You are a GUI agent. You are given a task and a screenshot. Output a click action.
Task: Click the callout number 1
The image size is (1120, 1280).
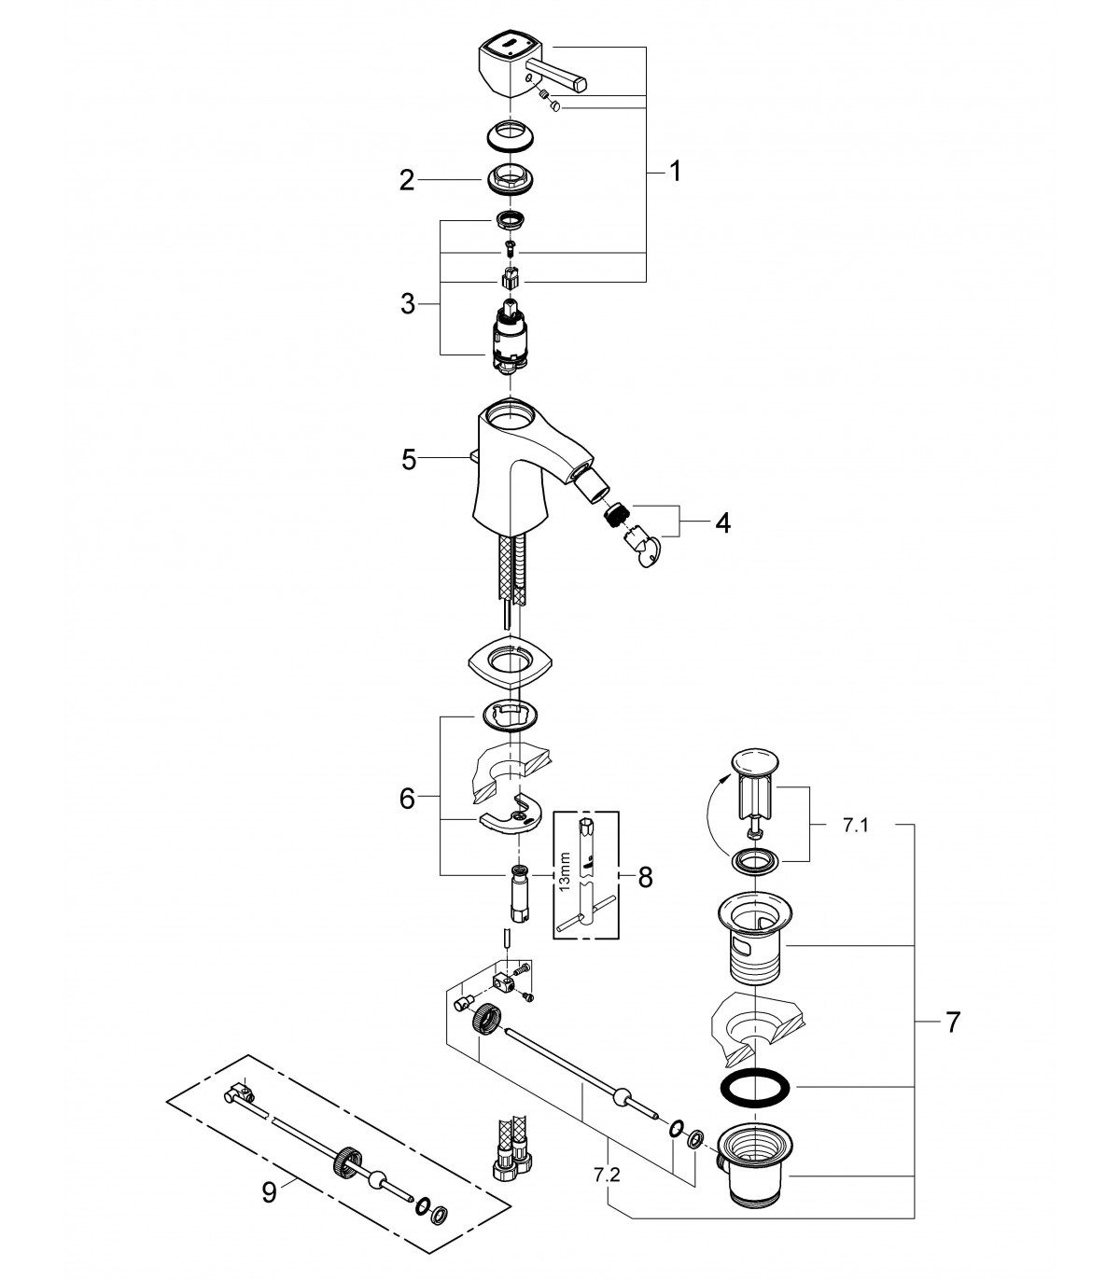(675, 172)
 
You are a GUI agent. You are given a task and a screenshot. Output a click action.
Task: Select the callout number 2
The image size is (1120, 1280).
(407, 181)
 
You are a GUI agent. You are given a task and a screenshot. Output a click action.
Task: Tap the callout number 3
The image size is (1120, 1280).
(408, 305)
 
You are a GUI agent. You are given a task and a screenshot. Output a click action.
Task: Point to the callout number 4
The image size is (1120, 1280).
(722, 522)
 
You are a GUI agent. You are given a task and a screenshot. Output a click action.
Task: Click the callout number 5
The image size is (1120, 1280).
(409, 460)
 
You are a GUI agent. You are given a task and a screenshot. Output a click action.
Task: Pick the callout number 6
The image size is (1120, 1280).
(407, 799)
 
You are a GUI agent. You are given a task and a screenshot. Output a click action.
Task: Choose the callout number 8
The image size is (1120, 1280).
(645, 878)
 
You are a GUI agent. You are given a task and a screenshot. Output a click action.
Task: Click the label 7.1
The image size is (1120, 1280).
(855, 826)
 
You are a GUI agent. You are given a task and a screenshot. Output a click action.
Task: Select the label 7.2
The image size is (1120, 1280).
(607, 1176)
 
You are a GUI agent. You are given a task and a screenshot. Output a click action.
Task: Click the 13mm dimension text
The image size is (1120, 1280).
(565, 871)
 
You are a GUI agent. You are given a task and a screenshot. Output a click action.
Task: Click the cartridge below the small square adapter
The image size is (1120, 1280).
(511, 339)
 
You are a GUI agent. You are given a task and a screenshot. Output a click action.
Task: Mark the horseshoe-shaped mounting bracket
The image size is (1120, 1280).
(510, 817)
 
